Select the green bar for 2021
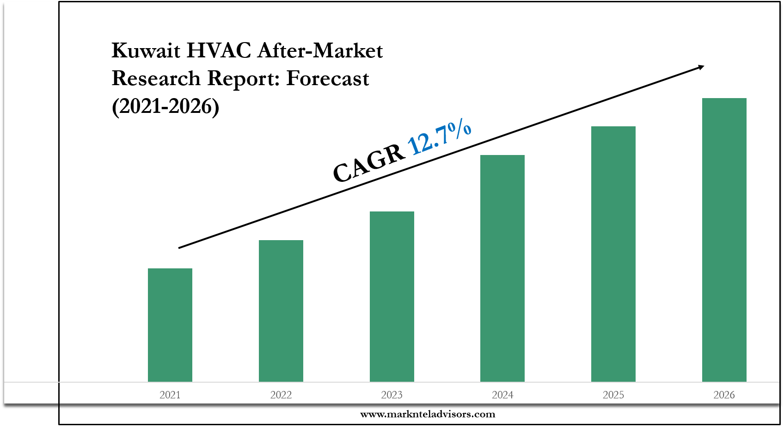click(170, 325)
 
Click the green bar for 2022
click(281, 311)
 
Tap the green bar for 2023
click(392, 297)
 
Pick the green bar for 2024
click(502, 268)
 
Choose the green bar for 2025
click(613, 254)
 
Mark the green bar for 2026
click(724, 240)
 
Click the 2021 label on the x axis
click(170, 395)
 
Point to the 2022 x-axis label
click(281, 395)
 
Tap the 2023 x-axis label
click(392, 395)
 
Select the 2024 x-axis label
click(502, 395)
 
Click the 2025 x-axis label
click(613, 395)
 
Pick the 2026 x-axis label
click(724, 395)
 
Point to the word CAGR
click(369, 163)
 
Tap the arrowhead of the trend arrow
click(701, 68)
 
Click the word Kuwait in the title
click(146, 50)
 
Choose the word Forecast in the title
click(328, 79)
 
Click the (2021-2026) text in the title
click(165, 106)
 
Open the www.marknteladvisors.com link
click(428, 414)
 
